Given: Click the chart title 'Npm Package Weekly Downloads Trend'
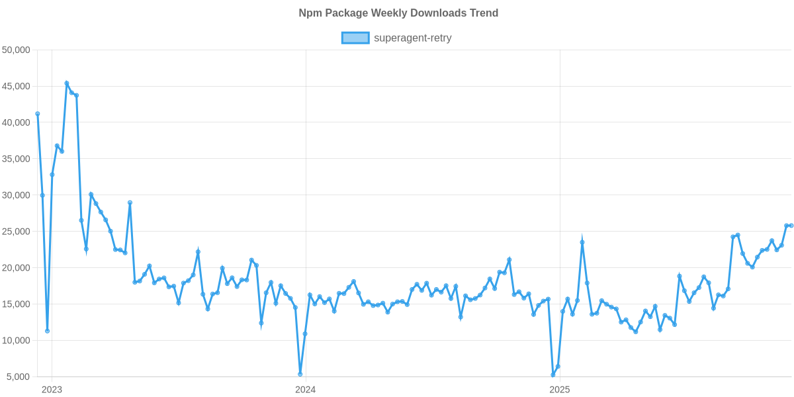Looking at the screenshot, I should [397, 13].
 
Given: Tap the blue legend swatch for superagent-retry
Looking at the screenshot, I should [355, 38].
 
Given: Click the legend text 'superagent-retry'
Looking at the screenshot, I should [413, 38].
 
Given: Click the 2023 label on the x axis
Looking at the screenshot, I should [52, 389].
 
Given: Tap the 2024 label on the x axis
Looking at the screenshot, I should [305, 389].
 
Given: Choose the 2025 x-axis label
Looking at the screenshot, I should [559, 389].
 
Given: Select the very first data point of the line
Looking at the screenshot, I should [38, 114].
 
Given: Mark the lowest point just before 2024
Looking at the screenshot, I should [300, 374].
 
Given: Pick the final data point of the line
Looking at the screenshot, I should [791, 226].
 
